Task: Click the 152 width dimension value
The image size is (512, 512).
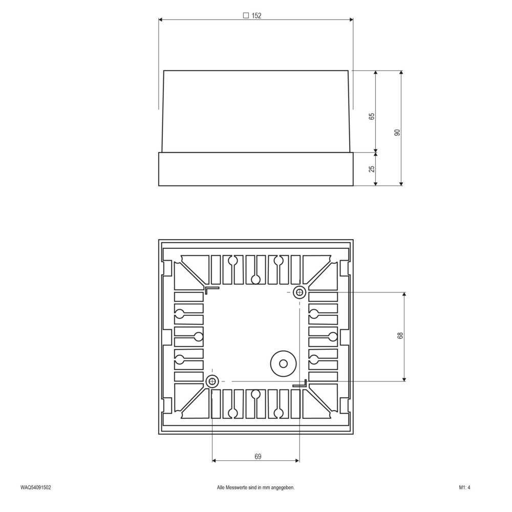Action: pyautogui.click(x=257, y=16)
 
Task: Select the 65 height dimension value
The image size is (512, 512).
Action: pyautogui.click(x=372, y=116)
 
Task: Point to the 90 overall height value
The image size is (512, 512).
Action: pyautogui.click(x=397, y=133)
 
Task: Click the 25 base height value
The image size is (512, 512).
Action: pyautogui.click(x=372, y=168)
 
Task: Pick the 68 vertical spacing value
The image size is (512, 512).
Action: pyautogui.click(x=400, y=336)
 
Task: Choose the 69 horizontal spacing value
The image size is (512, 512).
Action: pyautogui.click(x=257, y=457)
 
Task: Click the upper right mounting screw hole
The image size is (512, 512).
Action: pyautogui.click(x=299, y=293)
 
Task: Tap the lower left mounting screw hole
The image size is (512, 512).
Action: pyautogui.click(x=212, y=381)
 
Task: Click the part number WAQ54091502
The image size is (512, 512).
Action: pyautogui.click(x=36, y=488)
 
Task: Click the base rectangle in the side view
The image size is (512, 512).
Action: pyautogui.click(x=256, y=169)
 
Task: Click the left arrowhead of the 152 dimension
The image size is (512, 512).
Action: pyautogui.click(x=161, y=20)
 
